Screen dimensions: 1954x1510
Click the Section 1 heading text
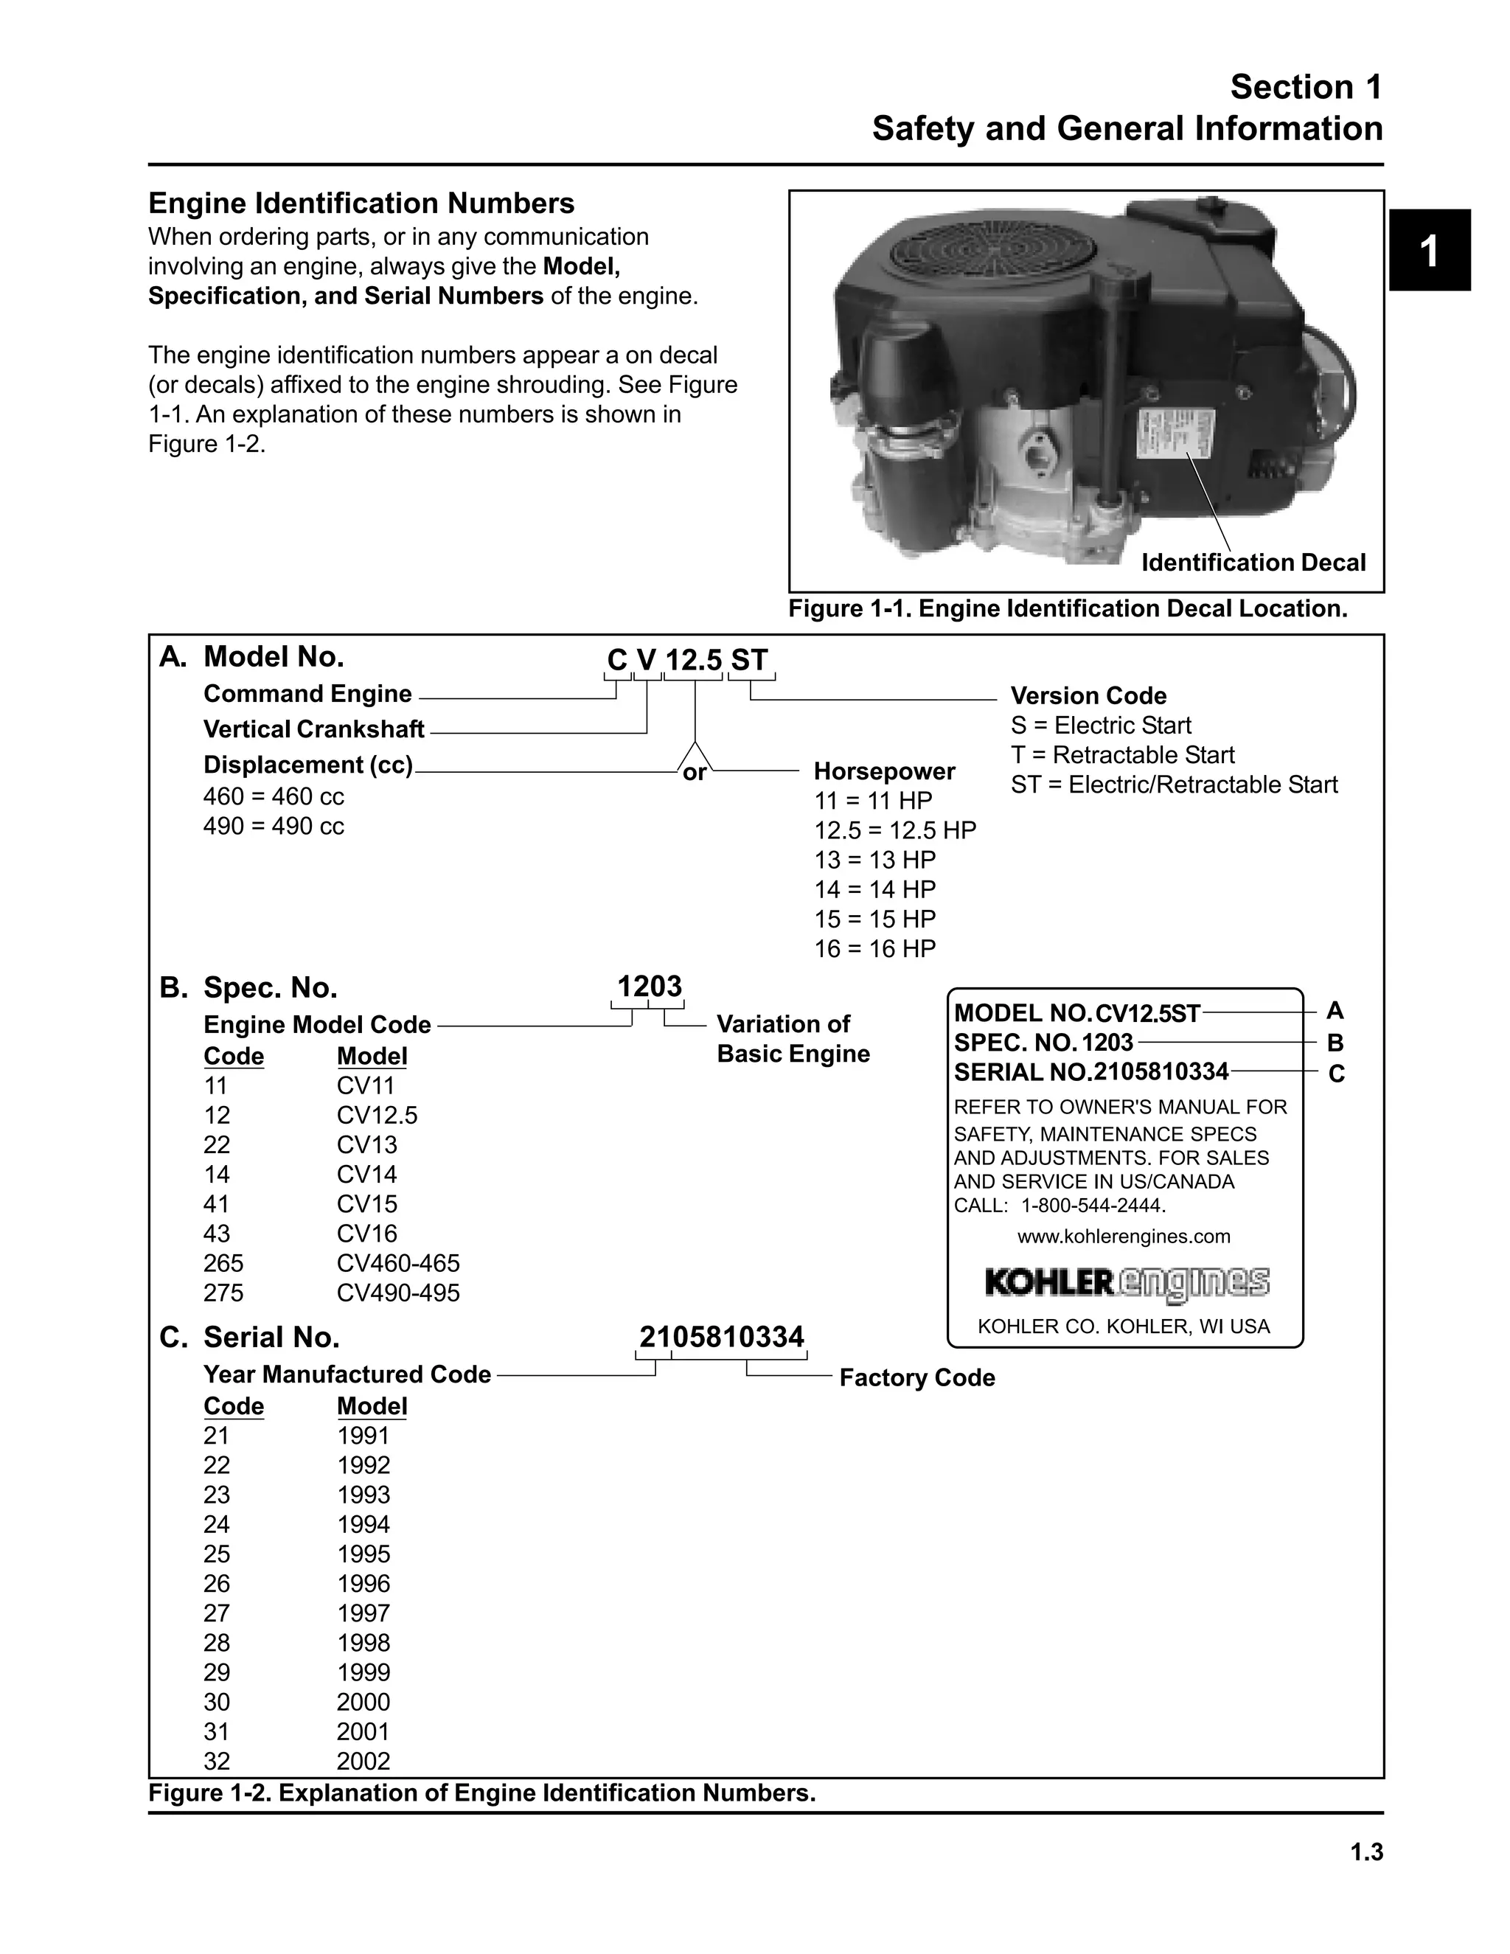(1305, 87)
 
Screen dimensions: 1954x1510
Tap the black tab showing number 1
(1429, 251)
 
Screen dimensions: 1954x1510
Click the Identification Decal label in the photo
(1253, 562)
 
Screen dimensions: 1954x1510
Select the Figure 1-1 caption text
(1066, 608)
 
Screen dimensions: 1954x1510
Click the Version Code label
(1088, 695)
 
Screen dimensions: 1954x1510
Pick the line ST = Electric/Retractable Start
(1174, 784)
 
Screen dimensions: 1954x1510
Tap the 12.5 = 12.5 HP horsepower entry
(894, 830)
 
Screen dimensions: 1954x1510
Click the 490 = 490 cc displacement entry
(273, 826)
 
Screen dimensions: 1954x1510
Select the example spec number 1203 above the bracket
(650, 986)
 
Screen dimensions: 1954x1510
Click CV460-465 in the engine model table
(398, 1262)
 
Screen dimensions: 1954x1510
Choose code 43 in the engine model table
(217, 1233)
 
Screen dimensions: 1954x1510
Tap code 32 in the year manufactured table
(217, 1761)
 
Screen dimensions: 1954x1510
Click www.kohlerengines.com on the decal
(1124, 1236)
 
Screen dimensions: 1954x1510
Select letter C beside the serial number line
(1335, 1074)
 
